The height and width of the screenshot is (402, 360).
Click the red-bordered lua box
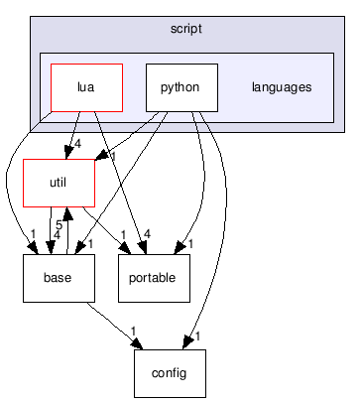[x=86, y=87]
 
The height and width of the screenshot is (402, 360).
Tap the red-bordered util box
[x=59, y=182]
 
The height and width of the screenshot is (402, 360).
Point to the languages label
[x=282, y=87]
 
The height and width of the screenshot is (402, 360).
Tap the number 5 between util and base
[x=60, y=226]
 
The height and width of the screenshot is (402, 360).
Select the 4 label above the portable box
[x=148, y=235]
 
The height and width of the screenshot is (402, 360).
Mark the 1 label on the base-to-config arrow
[x=133, y=331]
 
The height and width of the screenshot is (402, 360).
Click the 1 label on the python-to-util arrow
[x=115, y=156]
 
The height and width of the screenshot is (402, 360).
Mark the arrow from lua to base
[x=20, y=179]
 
